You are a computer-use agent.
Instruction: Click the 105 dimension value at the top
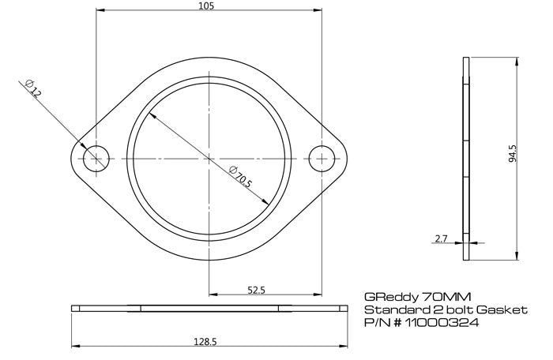[x=207, y=6]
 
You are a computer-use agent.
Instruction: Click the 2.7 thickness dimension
[x=442, y=237]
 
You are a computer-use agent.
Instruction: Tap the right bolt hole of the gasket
[x=321, y=158]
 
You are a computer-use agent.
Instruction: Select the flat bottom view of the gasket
[x=209, y=309]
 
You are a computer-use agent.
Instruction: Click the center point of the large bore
[x=209, y=158]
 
